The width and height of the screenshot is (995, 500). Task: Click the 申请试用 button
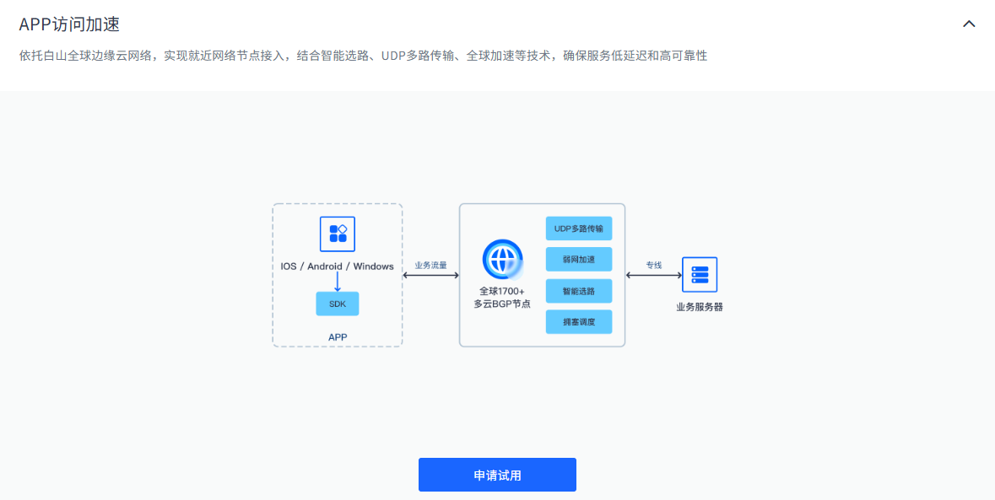tap(497, 475)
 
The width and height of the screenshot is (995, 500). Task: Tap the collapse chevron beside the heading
tap(969, 24)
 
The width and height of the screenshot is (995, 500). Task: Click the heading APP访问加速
tap(69, 24)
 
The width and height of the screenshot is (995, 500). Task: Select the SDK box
tap(338, 304)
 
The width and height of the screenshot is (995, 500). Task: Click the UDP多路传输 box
tap(579, 228)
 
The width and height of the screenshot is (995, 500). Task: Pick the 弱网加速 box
tap(579, 260)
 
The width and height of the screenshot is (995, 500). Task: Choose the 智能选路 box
tap(579, 291)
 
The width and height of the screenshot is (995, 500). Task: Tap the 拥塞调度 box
tap(579, 322)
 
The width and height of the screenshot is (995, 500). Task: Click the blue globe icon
tap(502, 259)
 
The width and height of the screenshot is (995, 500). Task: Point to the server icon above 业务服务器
tap(700, 275)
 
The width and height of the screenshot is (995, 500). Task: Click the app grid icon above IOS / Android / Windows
tap(338, 234)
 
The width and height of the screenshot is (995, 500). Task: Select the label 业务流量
tap(431, 265)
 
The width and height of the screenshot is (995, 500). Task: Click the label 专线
tap(654, 265)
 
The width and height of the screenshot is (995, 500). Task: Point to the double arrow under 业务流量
tap(431, 275)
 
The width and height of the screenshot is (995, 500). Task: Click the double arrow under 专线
tap(654, 275)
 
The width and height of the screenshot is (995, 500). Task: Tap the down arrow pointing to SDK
tap(338, 282)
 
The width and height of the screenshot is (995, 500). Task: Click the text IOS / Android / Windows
tap(338, 266)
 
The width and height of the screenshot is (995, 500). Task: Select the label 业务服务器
tap(700, 307)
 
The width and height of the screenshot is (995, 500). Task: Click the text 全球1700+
tap(502, 291)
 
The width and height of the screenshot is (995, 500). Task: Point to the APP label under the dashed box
tap(338, 337)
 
